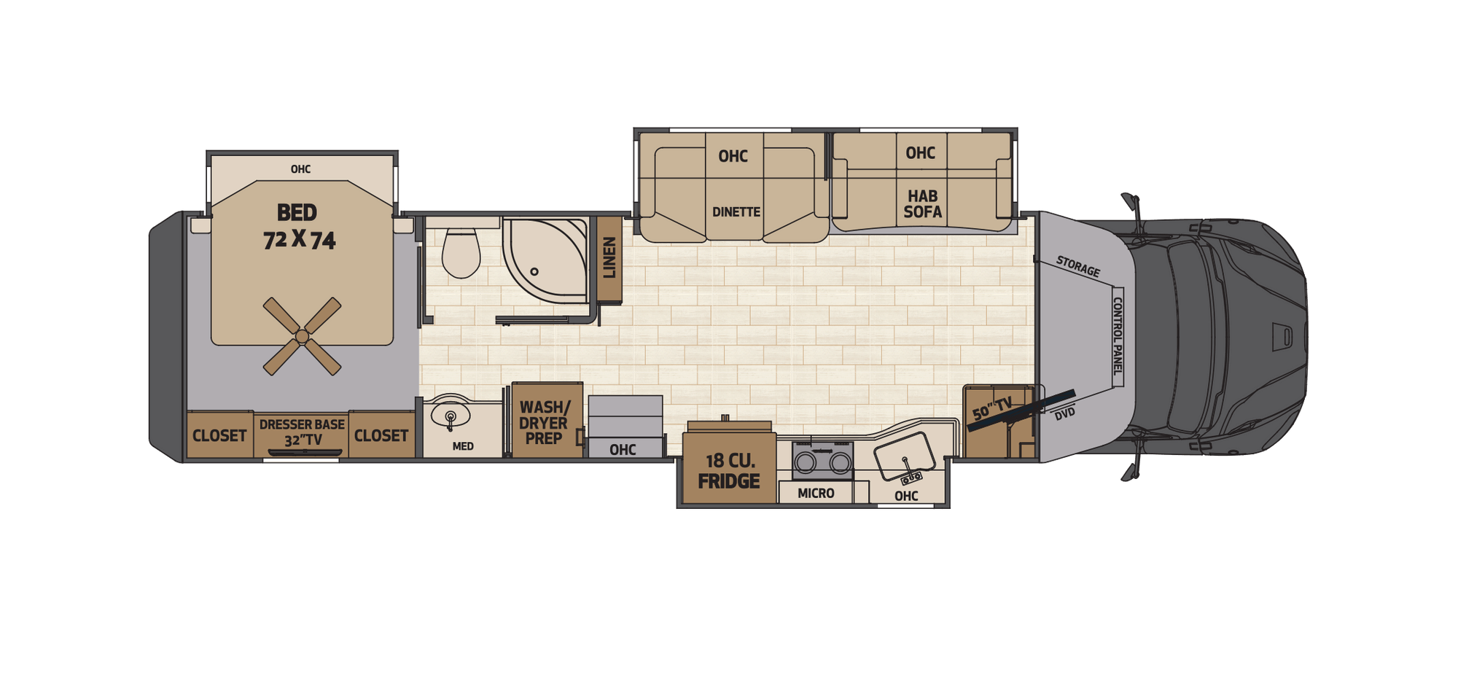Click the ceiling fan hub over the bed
(302, 336)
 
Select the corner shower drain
(534, 271)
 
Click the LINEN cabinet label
(609, 257)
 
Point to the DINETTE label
(736, 212)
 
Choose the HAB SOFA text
(922, 204)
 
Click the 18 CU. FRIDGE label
(729, 471)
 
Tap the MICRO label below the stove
(816, 494)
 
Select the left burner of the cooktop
(806, 462)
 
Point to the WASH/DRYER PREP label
(544, 423)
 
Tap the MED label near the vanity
(463, 446)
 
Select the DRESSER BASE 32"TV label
(302, 432)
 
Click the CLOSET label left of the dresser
(219, 436)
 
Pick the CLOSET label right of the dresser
(381, 436)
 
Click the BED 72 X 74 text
(298, 227)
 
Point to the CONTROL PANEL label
(1118, 336)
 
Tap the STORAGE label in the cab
(1077, 267)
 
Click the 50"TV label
(992, 408)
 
